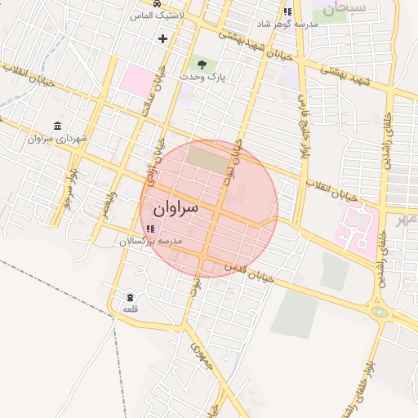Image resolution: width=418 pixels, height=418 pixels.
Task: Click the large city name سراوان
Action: (x=176, y=209)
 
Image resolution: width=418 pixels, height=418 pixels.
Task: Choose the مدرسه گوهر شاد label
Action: (x=288, y=24)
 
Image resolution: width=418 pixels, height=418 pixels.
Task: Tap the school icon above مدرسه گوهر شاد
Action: (x=287, y=11)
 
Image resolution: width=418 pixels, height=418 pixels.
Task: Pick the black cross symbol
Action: (x=162, y=38)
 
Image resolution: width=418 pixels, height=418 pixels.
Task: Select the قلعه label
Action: (x=130, y=309)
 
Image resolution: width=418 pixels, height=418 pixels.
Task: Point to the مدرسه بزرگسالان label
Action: (x=151, y=242)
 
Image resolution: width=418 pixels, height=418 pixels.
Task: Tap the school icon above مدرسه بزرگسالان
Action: (x=150, y=228)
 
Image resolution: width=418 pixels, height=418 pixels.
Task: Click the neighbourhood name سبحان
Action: (x=344, y=10)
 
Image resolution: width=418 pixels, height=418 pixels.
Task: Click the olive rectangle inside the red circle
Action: (x=209, y=158)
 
